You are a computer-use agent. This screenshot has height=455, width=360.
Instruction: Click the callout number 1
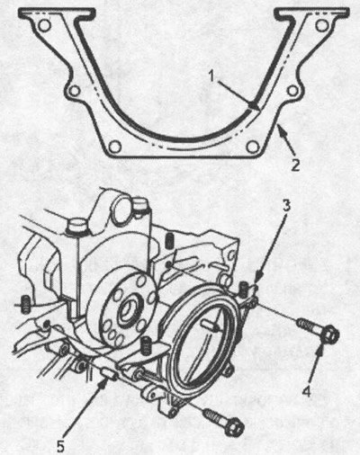[212, 76]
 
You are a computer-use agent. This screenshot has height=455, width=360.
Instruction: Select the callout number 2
[295, 165]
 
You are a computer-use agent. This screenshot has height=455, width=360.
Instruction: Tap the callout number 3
[286, 206]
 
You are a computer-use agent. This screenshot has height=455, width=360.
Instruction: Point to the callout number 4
[306, 392]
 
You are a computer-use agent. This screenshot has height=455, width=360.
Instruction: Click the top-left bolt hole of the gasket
[45, 25]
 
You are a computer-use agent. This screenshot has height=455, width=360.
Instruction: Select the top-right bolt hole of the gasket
[323, 25]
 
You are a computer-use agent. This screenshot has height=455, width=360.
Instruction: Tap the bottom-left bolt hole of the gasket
[115, 147]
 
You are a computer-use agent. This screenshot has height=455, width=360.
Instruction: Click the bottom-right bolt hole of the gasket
[252, 147]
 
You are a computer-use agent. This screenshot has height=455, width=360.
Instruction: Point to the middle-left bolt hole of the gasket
[75, 90]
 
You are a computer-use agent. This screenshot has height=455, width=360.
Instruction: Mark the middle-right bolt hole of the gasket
[292, 90]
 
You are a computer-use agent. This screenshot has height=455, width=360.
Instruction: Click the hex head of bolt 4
[331, 335]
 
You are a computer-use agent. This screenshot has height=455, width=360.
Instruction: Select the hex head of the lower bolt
[234, 428]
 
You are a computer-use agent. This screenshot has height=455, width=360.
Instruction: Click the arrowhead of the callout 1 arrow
[254, 106]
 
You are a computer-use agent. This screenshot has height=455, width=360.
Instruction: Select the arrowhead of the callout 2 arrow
[279, 129]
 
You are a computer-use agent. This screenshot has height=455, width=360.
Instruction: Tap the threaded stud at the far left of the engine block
[26, 303]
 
